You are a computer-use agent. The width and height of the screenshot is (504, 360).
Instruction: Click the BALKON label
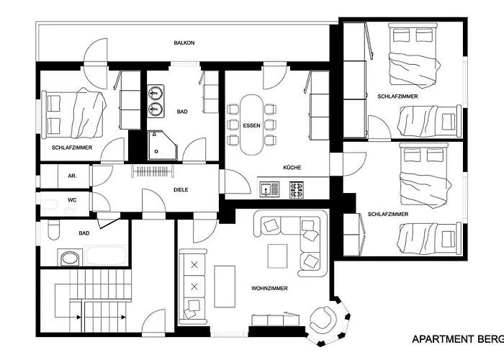click(184, 43)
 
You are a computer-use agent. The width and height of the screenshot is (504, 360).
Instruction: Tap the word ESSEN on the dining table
click(251, 125)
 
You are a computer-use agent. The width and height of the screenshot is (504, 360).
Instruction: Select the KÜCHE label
click(292, 168)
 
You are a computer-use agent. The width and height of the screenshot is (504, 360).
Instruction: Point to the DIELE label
click(181, 191)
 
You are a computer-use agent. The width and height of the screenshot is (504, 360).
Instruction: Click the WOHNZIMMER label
click(270, 288)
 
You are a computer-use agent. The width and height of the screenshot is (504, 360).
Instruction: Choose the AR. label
click(72, 175)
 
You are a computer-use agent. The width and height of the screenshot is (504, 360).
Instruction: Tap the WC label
click(72, 199)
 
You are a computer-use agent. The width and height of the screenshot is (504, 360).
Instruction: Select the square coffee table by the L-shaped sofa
click(277, 256)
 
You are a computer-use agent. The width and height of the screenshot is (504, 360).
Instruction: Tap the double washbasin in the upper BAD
click(156, 101)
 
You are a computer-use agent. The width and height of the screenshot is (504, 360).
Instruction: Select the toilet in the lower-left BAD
click(55, 230)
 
